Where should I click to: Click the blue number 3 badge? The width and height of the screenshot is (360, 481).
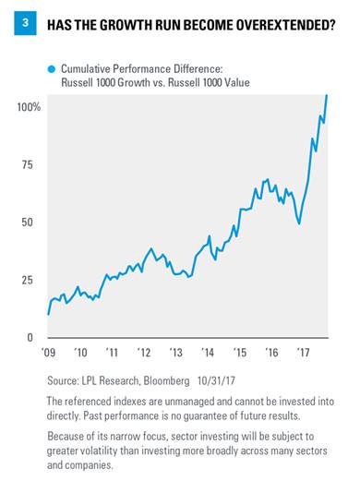click(x=25, y=23)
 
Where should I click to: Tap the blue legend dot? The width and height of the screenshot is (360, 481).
click(x=52, y=69)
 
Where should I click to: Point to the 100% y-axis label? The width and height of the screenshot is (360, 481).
click(x=29, y=107)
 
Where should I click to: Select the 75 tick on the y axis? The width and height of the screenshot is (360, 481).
click(x=27, y=164)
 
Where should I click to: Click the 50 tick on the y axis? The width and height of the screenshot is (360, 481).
click(x=27, y=222)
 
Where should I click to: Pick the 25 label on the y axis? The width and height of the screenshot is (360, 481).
click(x=27, y=280)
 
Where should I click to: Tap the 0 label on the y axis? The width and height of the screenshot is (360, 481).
click(x=30, y=338)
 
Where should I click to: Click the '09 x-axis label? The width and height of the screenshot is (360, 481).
click(x=48, y=352)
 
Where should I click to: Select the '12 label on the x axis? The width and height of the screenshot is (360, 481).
click(x=144, y=352)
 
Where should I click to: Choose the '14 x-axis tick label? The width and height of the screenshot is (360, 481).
click(x=208, y=352)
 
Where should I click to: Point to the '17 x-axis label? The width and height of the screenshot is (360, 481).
click(x=303, y=352)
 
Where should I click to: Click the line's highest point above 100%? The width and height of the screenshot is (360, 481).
click(x=327, y=95)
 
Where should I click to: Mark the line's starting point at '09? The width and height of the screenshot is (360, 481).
click(x=48, y=315)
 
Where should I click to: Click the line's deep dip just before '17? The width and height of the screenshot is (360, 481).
click(x=299, y=223)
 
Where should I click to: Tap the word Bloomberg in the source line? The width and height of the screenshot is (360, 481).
click(x=166, y=381)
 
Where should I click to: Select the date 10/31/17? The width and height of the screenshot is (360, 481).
click(x=216, y=381)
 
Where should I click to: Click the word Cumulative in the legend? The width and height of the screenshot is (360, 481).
click(x=85, y=69)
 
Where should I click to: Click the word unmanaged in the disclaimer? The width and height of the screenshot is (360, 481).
click(x=188, y=402)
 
